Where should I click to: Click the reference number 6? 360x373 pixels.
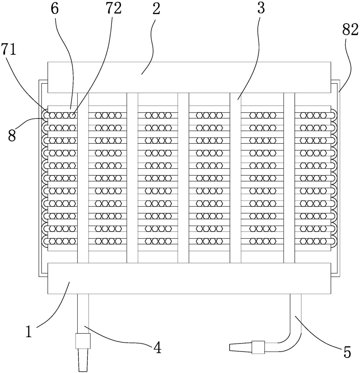[55, 9]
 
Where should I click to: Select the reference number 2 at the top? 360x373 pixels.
[156, 9]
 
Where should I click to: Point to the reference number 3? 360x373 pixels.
[261, 9]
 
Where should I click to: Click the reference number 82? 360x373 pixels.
[350, 30]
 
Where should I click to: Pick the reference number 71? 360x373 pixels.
[9, 50]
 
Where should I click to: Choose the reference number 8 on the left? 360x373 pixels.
[12, 136]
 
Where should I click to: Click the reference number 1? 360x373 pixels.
[28, 331]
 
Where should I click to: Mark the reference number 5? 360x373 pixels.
[347, 352]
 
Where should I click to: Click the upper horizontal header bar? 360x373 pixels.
[189, 77]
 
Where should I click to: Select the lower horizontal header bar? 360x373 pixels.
[189, 278]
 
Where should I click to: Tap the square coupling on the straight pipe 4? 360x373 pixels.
[83, 341]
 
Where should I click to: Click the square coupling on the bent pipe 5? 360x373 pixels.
[258, 347]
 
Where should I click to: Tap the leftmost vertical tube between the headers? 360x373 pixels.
[83, 178]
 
